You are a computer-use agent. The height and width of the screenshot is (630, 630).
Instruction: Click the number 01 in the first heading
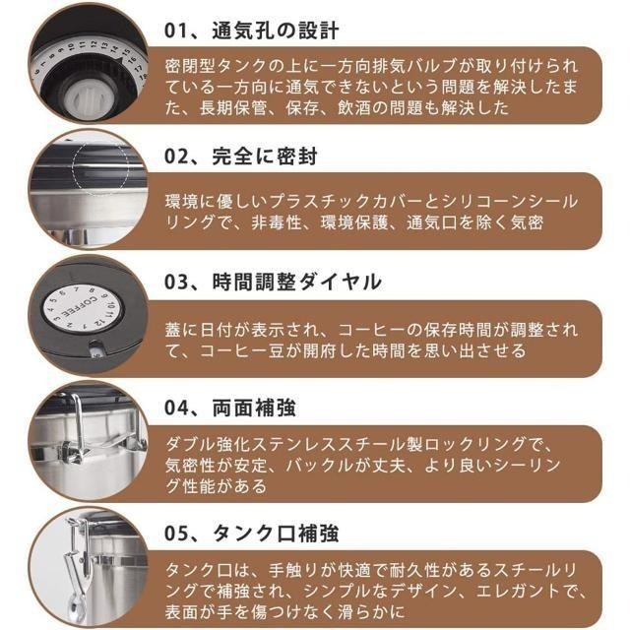[175, 31]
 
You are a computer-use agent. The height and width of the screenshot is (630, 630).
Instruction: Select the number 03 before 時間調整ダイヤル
[176, 283]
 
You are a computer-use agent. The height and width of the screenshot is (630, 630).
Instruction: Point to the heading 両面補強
[254, 408]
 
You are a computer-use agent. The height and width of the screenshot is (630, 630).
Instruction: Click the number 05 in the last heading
[176, 534]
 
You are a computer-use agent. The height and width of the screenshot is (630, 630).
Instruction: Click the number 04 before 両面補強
[176, 408]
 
